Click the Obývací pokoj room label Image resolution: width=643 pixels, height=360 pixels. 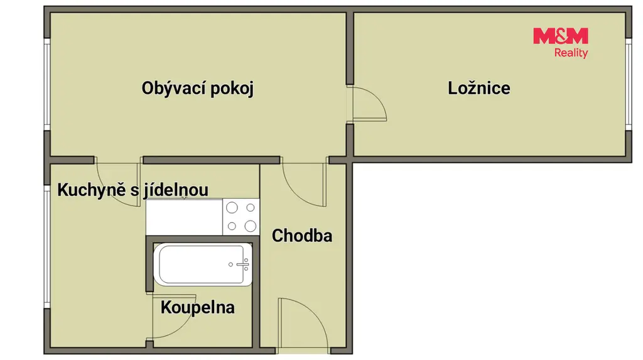tap(198, 89)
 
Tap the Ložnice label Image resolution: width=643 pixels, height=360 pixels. tap(479, 88)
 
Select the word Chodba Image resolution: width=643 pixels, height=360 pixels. tap(302, 236)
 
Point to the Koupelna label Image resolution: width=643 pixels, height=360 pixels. tap(197, 307)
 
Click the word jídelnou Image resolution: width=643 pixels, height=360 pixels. tap(176, 190)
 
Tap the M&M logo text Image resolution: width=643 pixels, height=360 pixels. tap(561, 36)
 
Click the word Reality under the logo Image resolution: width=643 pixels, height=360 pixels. tap(571, 53)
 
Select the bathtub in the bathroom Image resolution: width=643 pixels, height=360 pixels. tap(203, 265)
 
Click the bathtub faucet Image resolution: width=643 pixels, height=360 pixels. tap(242, 265)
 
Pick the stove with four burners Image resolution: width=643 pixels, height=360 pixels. tap(241, 217)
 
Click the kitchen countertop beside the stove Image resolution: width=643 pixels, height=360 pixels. tap(184, 217)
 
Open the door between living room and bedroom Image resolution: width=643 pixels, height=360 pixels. tap(367, 104)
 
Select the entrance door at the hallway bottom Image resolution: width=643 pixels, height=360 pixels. tap(303, 325)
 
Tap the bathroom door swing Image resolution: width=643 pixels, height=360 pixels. tap(173, 317)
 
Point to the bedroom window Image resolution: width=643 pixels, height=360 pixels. tap(629, 85)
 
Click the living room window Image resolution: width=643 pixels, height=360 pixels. tap(47, 85)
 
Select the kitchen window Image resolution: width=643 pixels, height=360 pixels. tap(47, 246)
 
